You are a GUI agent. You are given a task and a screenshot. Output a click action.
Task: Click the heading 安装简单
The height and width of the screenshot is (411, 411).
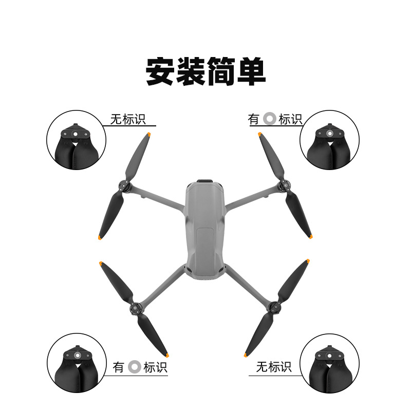[206, 72]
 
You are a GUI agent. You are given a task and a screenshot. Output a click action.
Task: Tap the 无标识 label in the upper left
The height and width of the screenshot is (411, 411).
[128, 120]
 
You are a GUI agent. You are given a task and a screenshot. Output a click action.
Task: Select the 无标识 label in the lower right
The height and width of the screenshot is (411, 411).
[274, 367]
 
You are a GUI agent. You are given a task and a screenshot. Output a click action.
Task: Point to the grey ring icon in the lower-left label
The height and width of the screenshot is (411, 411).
[134, 367]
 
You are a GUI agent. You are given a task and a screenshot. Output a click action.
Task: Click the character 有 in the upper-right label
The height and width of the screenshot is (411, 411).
[254, 120]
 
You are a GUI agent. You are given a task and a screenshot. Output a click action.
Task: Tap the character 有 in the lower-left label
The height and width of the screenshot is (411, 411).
[119, 367]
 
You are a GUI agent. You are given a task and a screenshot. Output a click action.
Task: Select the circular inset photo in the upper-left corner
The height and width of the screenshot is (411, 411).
[77, 140]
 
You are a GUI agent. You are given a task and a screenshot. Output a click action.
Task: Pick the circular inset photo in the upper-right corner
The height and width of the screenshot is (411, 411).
[329, 140]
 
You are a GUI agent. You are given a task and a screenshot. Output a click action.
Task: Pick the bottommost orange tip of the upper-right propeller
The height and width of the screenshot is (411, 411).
[310, 237]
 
